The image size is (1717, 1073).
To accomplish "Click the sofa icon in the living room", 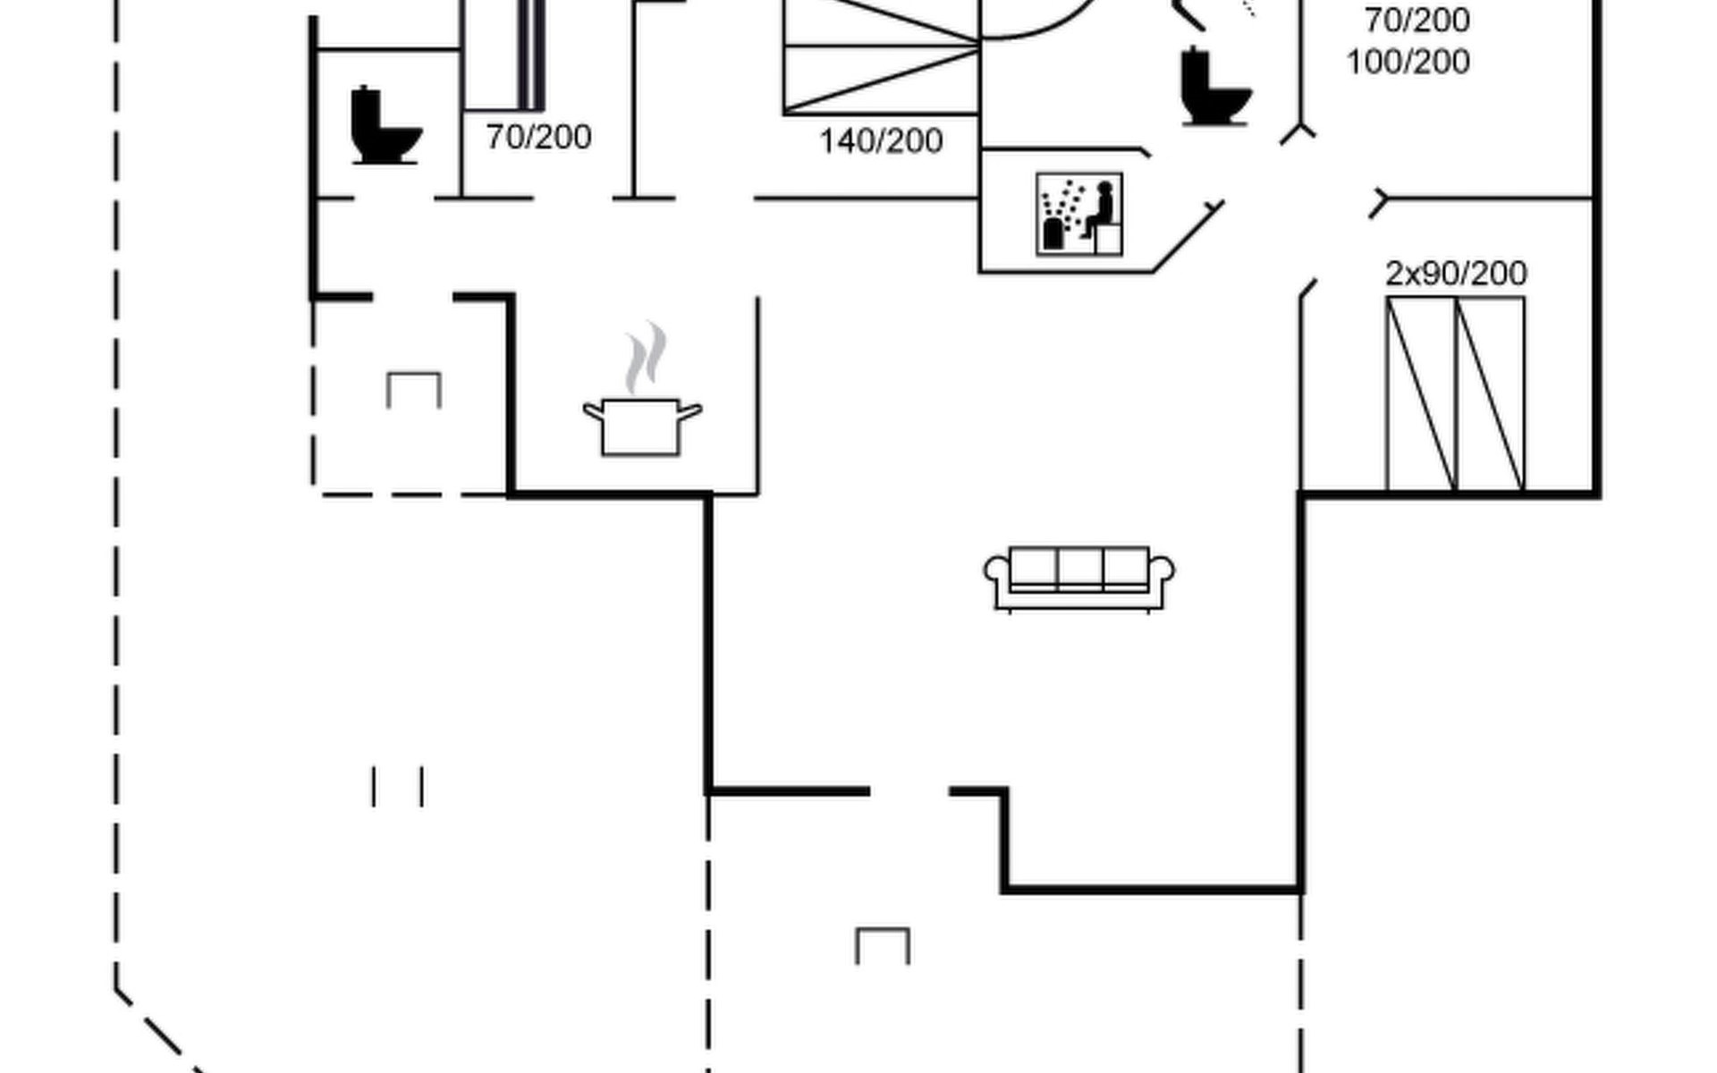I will [x=1079, y=579].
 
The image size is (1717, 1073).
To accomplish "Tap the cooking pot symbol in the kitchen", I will [x=641, y=427].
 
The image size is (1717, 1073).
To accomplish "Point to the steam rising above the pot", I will [x=647, y=358].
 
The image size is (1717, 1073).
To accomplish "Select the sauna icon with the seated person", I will [x=1079, y=215].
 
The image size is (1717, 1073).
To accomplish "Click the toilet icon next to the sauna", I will [x=1214, y=87].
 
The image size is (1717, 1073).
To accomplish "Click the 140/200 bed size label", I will [x=881, y=141].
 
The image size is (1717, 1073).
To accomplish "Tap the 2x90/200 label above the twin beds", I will [x=1456, y=274].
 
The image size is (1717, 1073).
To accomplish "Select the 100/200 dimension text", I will [x=1408, y=63].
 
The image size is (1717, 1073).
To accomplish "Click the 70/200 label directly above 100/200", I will [x=1417, y=20].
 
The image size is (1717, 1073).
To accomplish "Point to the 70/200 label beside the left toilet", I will [x=538, y=137].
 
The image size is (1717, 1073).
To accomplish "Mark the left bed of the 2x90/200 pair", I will [x=1421, y=394].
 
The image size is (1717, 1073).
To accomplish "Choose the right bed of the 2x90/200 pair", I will [x=1491, y=394].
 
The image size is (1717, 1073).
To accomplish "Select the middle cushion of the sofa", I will [x=1079, y=568].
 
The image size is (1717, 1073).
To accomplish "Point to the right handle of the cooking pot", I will [x=689, y=411].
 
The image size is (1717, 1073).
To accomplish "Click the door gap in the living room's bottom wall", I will [x=909, y=791].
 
